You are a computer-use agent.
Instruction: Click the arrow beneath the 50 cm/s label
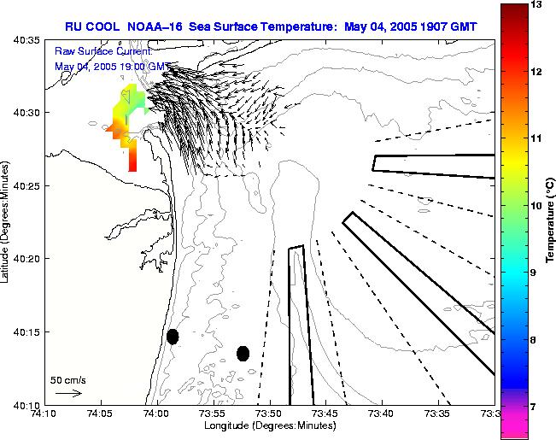[x=67, y=393]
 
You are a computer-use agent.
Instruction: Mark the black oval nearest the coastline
[x=173, y=337]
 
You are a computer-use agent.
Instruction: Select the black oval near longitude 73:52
[x=243, y=353]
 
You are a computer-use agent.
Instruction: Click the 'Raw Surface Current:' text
[x=94, y=52]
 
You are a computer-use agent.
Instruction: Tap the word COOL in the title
[x=108, y=26]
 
